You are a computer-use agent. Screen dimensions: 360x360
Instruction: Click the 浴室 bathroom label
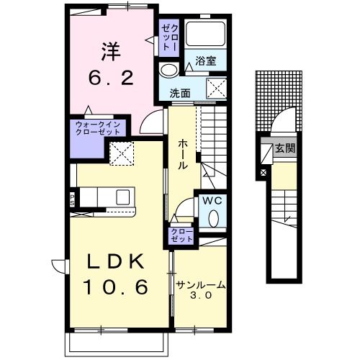click(206, 62)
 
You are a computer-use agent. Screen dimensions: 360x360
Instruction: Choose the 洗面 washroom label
click(180, 93)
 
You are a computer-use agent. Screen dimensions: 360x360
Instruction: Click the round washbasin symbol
click(168, 70)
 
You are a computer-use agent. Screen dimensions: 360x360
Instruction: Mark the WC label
click(211, 200)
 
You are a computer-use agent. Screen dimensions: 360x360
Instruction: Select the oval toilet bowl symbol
click(213, 217)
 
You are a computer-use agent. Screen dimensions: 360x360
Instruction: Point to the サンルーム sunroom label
click(201, 285)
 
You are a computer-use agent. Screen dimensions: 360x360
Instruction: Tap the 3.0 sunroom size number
click(201, 296)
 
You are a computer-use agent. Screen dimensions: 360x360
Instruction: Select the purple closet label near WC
click(181, 234)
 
